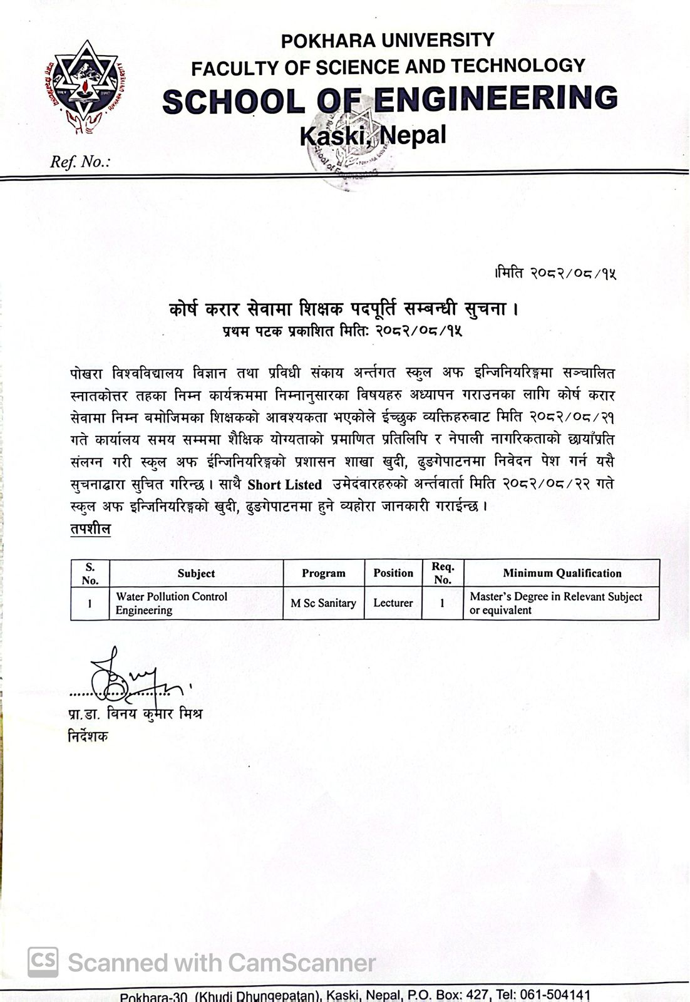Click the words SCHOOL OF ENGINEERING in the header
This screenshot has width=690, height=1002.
point(390,99)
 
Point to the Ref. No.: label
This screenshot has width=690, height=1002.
point(80,162)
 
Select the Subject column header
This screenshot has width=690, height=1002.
point(196,573)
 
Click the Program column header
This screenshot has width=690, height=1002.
point(323,573)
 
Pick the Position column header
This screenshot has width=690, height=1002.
point(393,573)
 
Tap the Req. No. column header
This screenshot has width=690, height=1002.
point(443,573)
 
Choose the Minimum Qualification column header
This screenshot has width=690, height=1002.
point(562,573)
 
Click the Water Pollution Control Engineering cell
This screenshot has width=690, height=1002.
point(172,603)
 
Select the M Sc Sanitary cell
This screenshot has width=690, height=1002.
point(323,603)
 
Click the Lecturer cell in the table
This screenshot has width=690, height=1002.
point(393,603)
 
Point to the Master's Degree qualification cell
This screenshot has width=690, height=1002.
point(556,603)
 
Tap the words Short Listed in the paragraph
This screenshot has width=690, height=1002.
point(284,485)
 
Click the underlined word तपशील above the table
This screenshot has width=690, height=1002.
point(90,529)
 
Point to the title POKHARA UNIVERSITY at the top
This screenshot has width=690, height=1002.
point(388,41)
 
